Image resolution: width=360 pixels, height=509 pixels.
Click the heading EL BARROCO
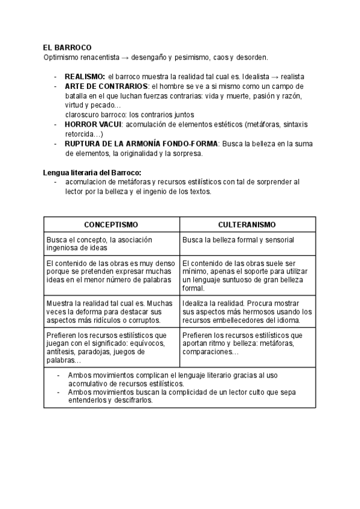point(67,48)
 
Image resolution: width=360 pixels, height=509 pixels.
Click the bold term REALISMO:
point(85,77)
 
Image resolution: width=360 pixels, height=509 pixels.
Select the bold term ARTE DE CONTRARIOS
point(106,86)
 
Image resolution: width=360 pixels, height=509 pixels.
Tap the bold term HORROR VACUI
point(93,124)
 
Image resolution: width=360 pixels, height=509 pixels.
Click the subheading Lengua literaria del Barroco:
point(92,173)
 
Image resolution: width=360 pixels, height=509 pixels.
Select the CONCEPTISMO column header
point(111,224)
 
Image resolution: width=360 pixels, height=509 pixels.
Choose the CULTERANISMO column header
point(247,224)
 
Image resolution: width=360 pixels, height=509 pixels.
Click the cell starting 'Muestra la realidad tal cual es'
point(111,312)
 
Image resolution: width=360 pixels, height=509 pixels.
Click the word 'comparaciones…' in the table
point(210,352)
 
